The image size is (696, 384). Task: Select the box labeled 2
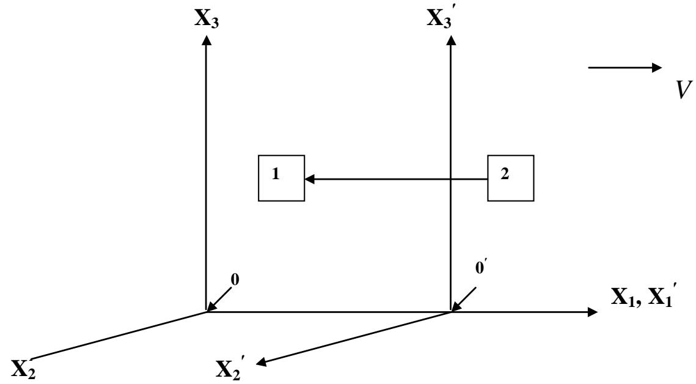[x=510, y=179]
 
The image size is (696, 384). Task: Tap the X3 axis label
[x=206, y=18]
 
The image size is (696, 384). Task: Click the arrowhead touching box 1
[x=309, y=179]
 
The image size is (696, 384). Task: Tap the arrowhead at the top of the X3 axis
[x=206, y=41]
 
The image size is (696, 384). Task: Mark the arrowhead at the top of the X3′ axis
[x=451, y=41]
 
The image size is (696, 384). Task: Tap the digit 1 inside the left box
[x=276, y=174]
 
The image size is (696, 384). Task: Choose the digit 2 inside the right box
[x=505, y=174]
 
